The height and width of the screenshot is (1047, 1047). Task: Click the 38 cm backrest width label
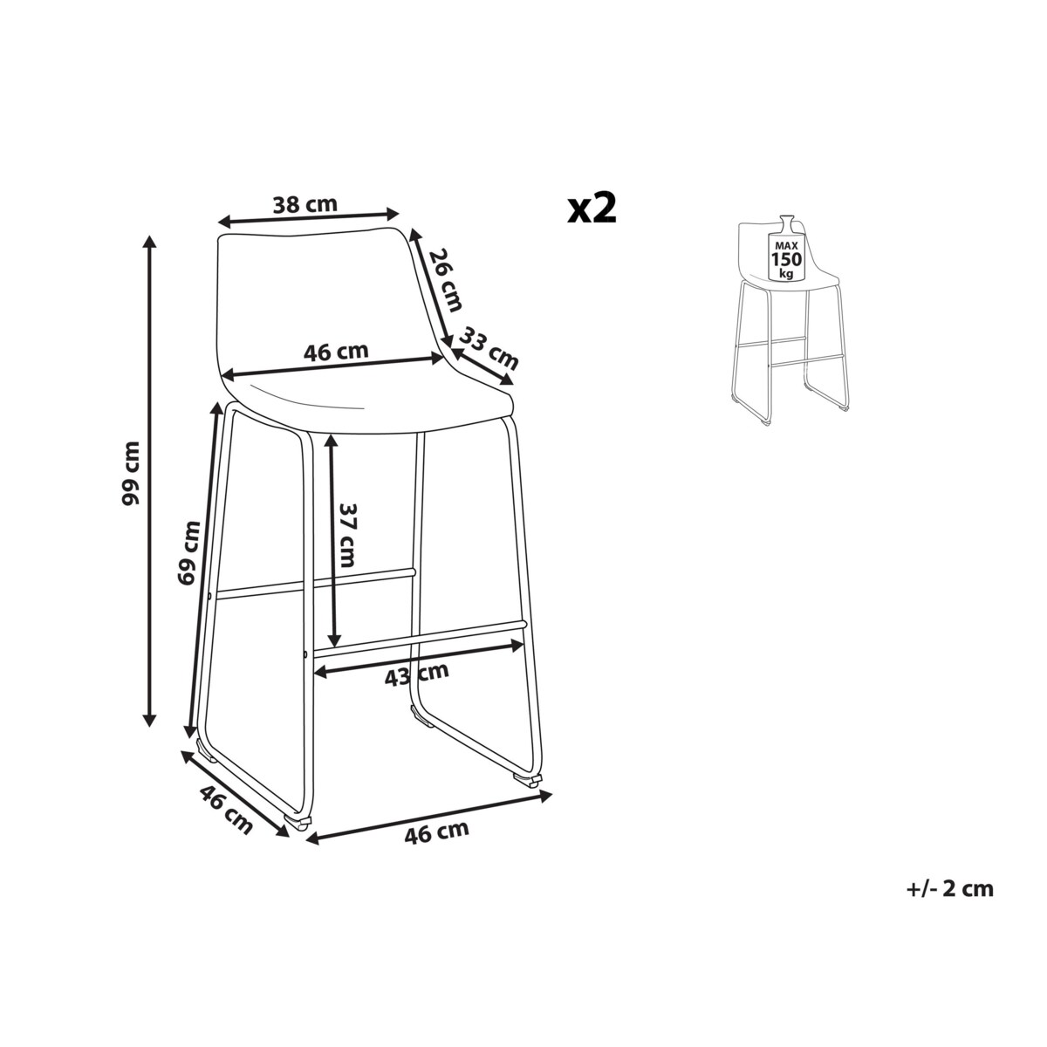tap(305, 204)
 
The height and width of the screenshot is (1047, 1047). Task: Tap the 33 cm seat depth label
tap(489, 348)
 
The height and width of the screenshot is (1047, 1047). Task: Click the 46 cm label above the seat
tap(336, 352)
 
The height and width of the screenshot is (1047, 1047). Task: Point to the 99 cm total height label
tap(131, 473)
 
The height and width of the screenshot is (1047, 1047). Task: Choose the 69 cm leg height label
tap(188, 552)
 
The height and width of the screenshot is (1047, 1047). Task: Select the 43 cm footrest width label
tap(417, 674)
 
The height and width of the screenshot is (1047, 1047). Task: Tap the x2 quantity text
tap(592, 209)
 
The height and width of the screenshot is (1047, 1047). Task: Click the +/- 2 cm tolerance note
tap(950, 889)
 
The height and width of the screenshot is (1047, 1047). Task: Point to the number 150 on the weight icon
tap(786, 258)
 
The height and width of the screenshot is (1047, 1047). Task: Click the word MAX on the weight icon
tap(786, 245)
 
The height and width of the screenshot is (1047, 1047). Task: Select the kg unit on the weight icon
tap(786, 273)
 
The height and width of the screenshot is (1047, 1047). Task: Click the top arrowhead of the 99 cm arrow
tap(150, 243)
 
